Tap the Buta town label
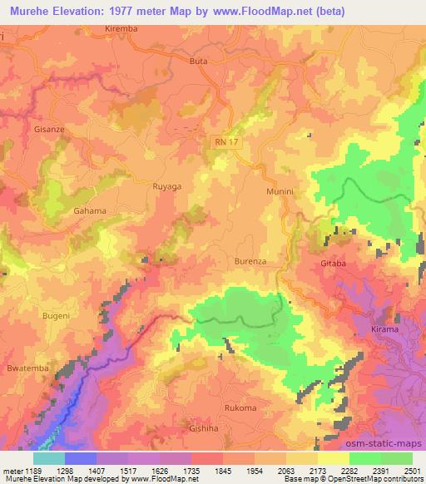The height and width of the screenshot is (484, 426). pyautogui.click(x=199, y=62)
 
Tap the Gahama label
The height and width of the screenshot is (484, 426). pyautogui.click(x=90, y=210)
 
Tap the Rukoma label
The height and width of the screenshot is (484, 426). pyautogui.click(x=240, y=407)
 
